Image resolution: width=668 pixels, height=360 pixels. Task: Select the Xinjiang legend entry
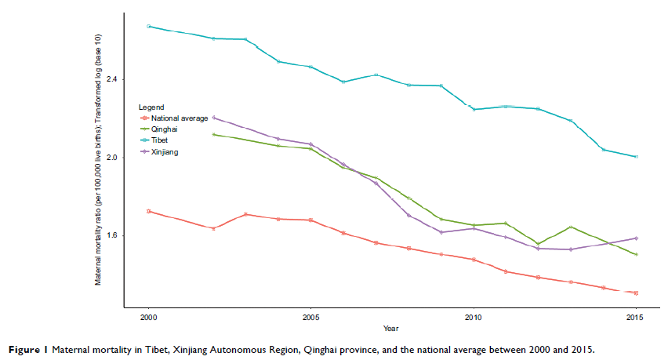(165, 151)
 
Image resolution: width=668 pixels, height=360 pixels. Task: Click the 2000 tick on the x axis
(148, 318)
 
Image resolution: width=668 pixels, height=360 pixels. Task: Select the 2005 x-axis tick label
(311, 318)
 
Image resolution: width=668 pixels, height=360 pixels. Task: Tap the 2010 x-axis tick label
(474, 318)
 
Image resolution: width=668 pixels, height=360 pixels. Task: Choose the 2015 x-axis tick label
(636, 318)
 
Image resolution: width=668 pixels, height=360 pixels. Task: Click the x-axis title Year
(391, 328)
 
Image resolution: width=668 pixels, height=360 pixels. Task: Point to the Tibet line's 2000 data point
(148, 26)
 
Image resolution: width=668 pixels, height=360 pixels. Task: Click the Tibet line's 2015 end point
(636, 157)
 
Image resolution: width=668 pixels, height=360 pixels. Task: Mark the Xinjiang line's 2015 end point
(636, 238)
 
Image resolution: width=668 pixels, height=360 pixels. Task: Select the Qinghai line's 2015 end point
(636, 254)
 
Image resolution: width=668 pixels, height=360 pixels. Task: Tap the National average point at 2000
(148, 211)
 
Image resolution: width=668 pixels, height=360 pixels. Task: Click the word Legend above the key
(151, 107)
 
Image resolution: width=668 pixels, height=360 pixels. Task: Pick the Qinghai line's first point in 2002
(214, 134)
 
